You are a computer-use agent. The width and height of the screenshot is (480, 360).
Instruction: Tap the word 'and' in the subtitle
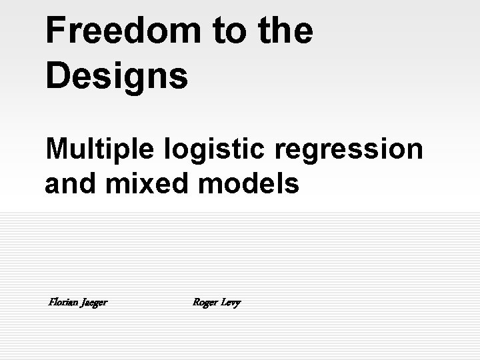pyautogui.click(x=65, y=183)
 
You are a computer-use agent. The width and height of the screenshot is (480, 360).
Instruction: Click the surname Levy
pyautogui.click(x=233, y=303)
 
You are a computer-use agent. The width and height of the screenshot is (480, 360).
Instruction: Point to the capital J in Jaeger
pyautogui.click(x=82, y=302)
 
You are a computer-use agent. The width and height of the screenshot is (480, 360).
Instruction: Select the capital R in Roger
pyautogui.click(x=196, y=302)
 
